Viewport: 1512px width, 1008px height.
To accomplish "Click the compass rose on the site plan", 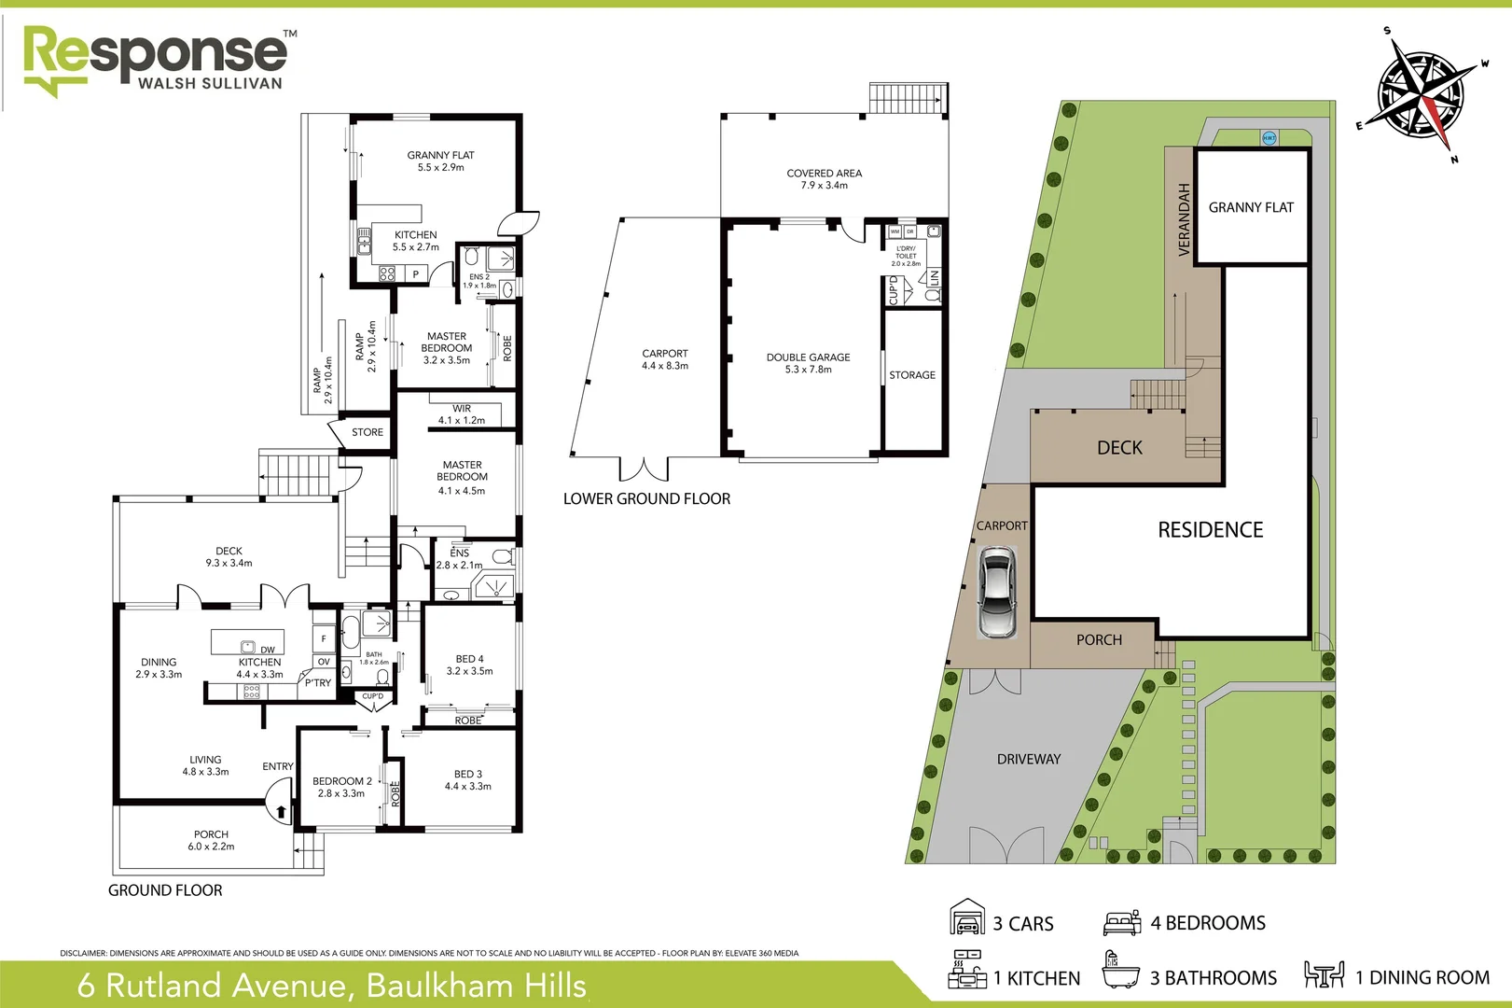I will (x=1421, y=93).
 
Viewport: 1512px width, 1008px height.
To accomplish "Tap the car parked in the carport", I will (x=996, y=594).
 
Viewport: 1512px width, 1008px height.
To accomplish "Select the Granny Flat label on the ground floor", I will (x=440, y=161).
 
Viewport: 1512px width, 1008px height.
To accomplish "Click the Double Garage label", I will (x=808, y=363).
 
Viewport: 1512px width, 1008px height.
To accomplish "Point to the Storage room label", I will (x=912, y=375).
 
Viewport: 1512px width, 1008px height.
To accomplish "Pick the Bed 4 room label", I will (x=469, y=665).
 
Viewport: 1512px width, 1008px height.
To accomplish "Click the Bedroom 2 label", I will (x=341, y=787).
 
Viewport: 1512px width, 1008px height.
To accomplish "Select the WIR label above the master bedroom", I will (x=462, y=409).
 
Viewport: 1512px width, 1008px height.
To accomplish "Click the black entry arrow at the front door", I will (x=281, y=811).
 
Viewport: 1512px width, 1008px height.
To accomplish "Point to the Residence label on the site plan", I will (x=1210, y=530).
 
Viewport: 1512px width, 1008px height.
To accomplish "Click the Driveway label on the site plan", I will (x=1029, y=760).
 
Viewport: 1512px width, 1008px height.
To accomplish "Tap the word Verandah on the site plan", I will (x=1185, y=219).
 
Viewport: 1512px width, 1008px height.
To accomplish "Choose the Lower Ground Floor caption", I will (x=646, y=499).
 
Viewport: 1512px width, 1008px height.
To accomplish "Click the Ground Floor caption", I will (x=165, y=890).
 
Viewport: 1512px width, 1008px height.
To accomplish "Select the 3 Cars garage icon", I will (x=967, y=918).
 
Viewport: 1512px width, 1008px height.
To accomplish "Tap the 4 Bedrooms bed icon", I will (x=1122, y=922).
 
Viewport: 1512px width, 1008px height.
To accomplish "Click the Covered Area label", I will (x=824, y=178).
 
